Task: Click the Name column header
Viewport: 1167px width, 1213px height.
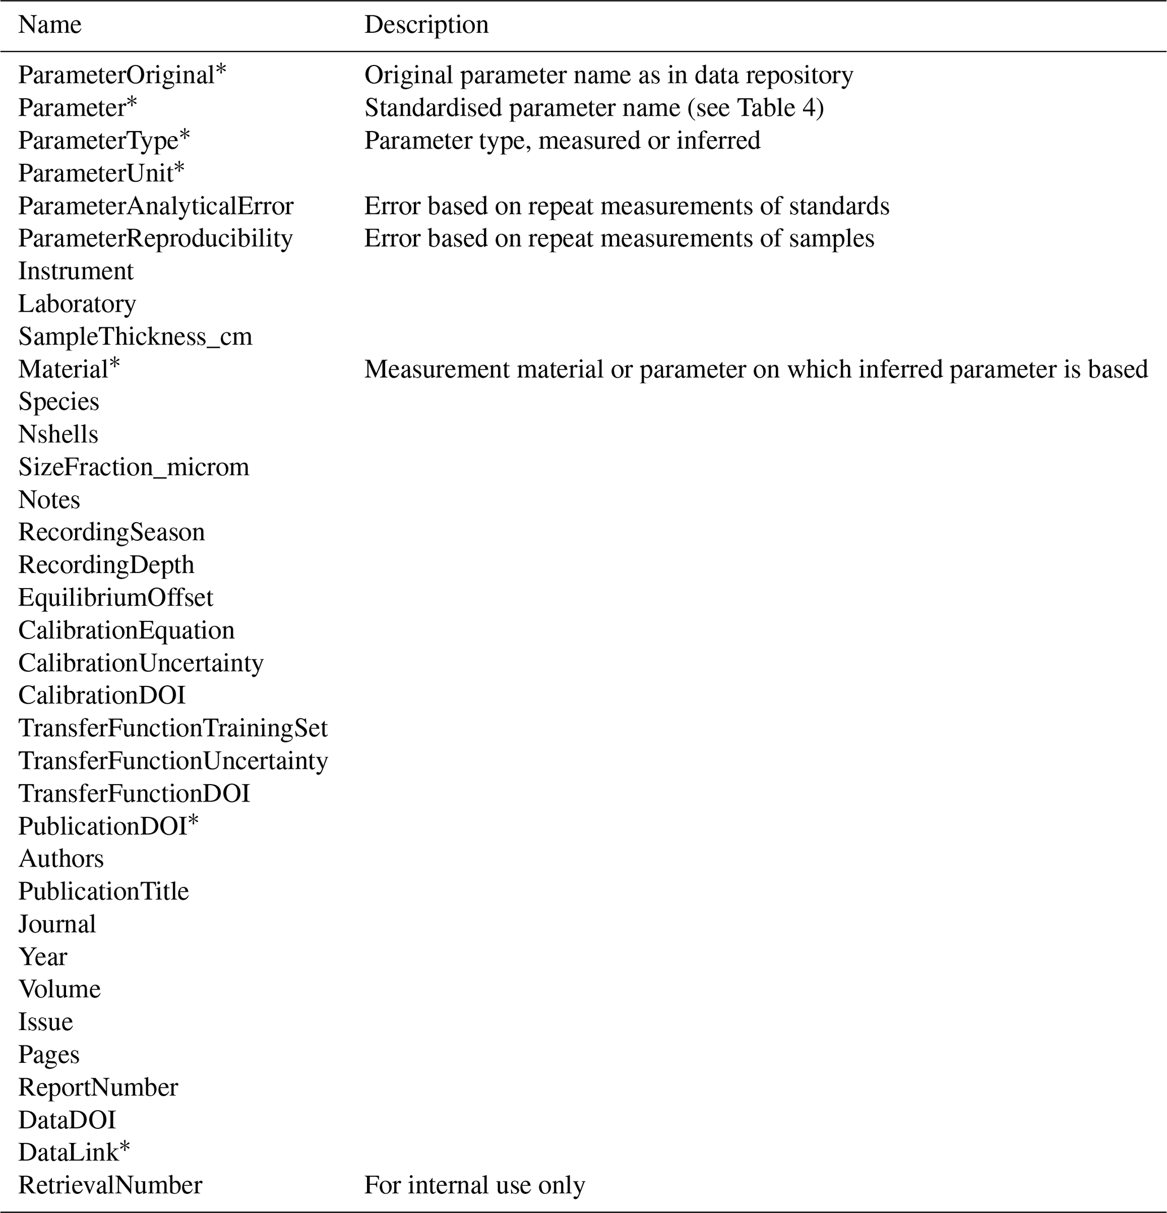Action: (50, 25)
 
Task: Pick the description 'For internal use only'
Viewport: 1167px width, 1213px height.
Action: (474, 1185)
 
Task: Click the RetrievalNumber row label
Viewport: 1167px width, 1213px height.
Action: (110, 1185)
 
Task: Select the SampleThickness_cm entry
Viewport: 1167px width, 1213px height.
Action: (135, 336)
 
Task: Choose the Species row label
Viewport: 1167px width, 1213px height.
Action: (59, 402)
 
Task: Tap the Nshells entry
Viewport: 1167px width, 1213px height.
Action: (58, 435)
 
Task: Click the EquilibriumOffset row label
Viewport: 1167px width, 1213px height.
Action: (115, 598)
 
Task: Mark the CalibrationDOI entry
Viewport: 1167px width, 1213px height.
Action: (102, 695)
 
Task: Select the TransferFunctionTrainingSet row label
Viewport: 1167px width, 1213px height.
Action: (173, 728)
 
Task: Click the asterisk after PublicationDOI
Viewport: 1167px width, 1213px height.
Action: (193, 822)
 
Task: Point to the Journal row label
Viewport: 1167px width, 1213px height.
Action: (57, 925)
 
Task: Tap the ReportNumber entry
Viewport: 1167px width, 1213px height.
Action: (98, 1087)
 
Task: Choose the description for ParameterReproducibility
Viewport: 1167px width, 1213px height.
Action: (619, 238)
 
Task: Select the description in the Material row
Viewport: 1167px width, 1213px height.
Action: (756, 370)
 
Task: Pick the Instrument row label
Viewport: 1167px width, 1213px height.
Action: (76, 271)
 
